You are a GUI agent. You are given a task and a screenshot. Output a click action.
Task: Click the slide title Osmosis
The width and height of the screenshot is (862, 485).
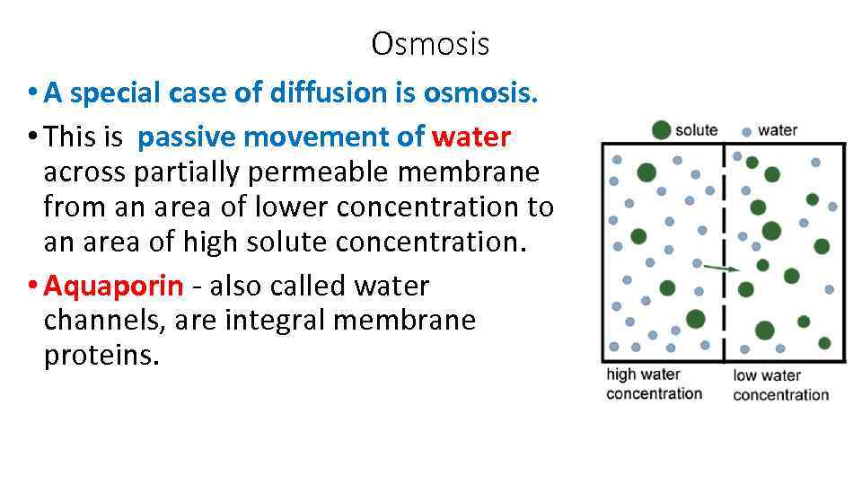430,43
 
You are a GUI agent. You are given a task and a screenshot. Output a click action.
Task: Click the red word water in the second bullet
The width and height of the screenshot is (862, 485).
471,137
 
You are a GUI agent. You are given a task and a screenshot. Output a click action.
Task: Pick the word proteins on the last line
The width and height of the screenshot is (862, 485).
101,357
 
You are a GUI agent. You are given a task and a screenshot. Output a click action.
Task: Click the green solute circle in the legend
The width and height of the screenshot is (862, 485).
662,130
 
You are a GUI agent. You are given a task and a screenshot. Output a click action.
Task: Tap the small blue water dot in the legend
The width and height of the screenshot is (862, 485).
747,132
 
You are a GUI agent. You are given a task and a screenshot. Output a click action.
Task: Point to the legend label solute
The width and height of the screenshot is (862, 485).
697,130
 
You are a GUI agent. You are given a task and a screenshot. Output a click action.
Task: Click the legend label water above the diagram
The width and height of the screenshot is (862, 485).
778,130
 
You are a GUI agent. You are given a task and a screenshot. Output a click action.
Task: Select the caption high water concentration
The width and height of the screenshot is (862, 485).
655,384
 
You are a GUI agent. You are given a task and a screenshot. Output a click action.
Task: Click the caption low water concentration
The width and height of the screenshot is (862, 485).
780,385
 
